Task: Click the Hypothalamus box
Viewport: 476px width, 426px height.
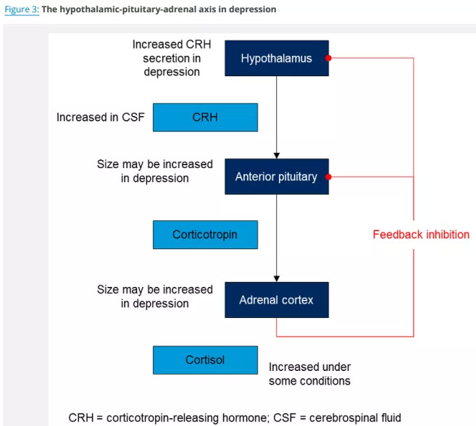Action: [276, 59]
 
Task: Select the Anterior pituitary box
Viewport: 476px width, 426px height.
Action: [276, 177]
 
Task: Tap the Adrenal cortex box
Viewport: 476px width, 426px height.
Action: [276, 299]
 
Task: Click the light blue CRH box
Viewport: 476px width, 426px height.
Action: [205, 117]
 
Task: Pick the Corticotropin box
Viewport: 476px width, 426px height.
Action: [205, 235]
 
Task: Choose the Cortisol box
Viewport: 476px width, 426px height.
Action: [205, 360]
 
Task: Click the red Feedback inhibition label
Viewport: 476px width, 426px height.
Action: [421, 235]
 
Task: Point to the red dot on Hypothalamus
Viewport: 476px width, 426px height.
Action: [328, 58]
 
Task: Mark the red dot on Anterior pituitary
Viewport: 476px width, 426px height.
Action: [328, 177]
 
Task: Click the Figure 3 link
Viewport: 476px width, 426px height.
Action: [21, 9]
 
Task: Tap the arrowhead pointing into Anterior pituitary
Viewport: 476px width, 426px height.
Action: [276, 155]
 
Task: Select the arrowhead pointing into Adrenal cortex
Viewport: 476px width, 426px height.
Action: [276, 278]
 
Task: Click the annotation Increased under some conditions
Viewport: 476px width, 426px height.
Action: [309, 374]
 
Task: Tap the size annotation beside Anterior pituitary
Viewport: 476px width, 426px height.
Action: [155, 171]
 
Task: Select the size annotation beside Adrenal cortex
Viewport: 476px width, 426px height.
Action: [155, 296]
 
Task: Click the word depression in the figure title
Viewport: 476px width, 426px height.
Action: [250, 9]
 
